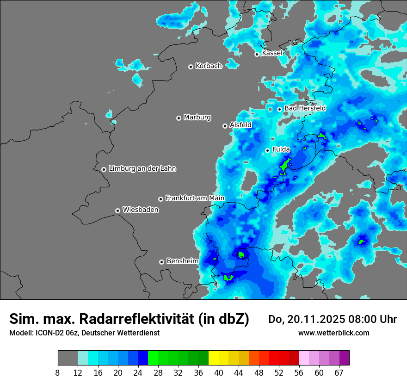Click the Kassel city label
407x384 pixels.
pyautogui.click(x=272, y=53)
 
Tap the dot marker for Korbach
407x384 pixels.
pyautogui.click(x=191, y=67)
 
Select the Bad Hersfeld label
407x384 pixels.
pyautogui.click(x=305, y=108)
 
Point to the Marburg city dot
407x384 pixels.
pyautogui.click(x=179, y=118)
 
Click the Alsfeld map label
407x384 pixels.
pyautogui.click(x=240, y=125)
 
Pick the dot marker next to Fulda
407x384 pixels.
pyautogui.click(x=267, y=150)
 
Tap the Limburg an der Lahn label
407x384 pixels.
pyautogui.click(x=142, y=169)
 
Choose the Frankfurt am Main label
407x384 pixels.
pyautogui.click(x=195, y=198)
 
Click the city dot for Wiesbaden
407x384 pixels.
pyautogui.click(x=117, y=211)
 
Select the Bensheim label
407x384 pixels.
pyautogui.click(x=182, y=261)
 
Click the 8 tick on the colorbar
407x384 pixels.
pyautogui.click(x=58, y=372)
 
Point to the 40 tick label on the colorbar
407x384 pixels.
pyautogui.click(x=219, y=372)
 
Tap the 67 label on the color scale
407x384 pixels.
pyautogui.click(x=339, y=372)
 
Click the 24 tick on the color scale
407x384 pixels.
pyautogui.click(x=138, y=372)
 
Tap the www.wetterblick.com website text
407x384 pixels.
pyautogui.click(x=333, y=333)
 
